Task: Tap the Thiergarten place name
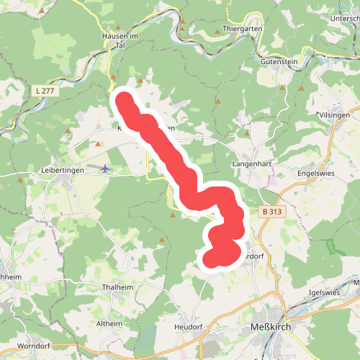point(242,28)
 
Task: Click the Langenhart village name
point(250,164)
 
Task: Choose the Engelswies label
point(318,174)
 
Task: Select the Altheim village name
point(109,324)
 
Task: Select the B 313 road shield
point(272,212)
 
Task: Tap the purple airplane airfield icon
point(105,168)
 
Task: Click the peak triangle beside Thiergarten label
point(217,32)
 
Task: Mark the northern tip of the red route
point(124,99)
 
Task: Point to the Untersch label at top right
point(344,17)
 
